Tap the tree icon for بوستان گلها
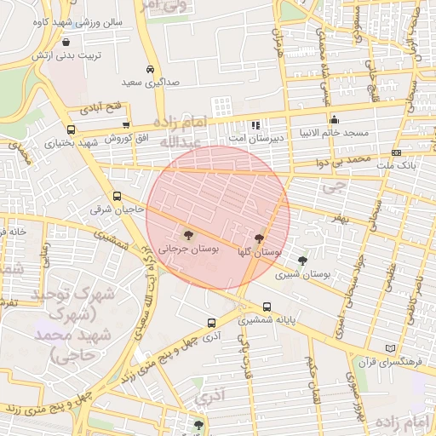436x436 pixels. (x=259, y=238)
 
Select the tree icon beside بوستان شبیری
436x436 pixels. (x=302, y=261)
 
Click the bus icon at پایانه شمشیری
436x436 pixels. (x=267, y=307)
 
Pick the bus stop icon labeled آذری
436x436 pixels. (x=211, y=323)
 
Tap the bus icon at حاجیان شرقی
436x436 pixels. (x=117, y=197)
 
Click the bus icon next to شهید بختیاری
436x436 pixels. (x=70, y=130)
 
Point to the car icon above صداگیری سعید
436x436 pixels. (x=150, y=69)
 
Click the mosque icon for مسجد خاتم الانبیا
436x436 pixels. (x=335, y=119)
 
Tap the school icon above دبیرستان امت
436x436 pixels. (x=255, y=124)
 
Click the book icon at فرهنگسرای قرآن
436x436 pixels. (x=391, y=348)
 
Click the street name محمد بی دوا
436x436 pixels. (x=342, y=160)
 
